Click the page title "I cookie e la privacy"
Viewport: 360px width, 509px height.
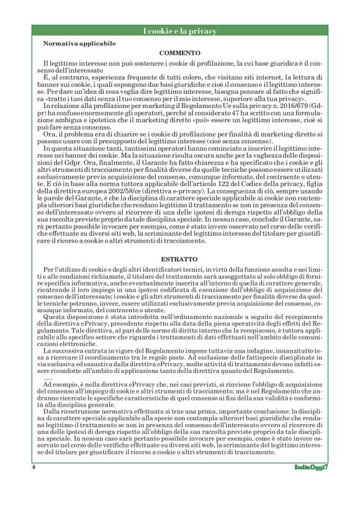click(179, 31)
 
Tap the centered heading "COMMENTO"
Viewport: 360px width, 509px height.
click(179, 53)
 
